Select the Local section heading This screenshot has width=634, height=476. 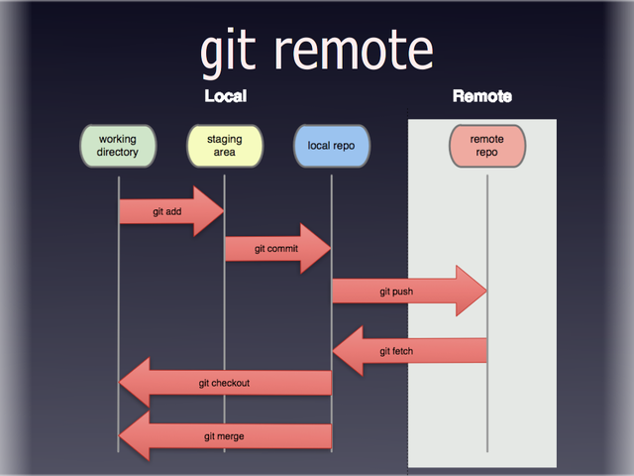pos(225,96)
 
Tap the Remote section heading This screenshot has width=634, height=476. pos(481,96)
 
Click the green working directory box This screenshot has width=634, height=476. pos(118,147)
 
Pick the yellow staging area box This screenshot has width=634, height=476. pos(224,147)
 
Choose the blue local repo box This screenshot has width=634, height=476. pos(331,147)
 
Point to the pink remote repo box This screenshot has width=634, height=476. pos(486,147)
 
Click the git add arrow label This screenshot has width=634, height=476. pos(166,211)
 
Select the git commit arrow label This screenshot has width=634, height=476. pos(275,249)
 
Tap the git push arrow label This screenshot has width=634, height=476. pos(395,292)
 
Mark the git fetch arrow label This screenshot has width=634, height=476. pos(395,351)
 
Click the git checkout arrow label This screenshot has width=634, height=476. pos(224,383)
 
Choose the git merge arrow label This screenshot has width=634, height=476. pos(224,436)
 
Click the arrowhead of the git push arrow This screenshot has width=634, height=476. pos(472,292)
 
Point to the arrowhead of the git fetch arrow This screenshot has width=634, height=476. pos(349,350)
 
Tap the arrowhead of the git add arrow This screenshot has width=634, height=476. pos(209,211)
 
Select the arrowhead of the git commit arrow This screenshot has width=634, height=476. pos(316,249)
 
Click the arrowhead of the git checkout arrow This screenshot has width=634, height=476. pos(135,383)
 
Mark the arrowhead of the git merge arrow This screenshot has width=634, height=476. pos(135,436)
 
